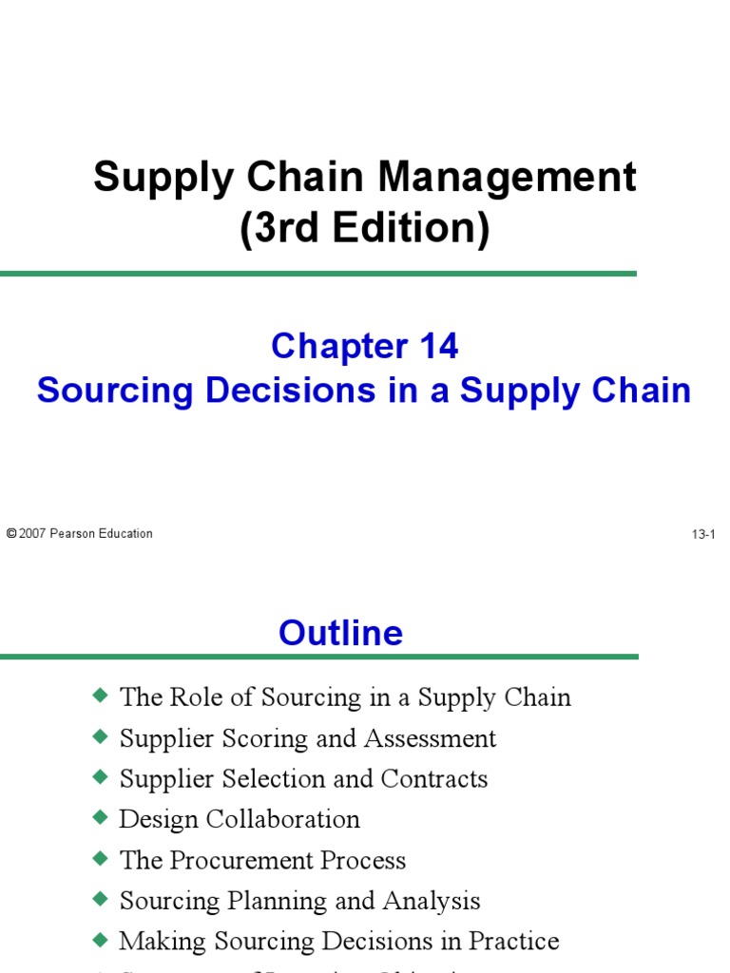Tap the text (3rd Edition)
[x=365, y=228]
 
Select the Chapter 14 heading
[x=365, y=347]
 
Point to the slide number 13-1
[x=702, y=535]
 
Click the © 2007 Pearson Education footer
[x=80, y=534]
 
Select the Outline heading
[x=340, y=633]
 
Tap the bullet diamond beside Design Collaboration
[x=101, y=818]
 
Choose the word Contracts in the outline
[x=434, y=779]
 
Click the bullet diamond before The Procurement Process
[x=101, y=859]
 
